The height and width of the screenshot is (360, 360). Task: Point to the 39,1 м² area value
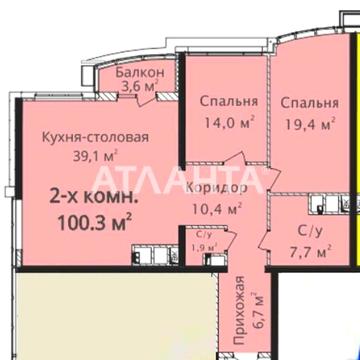point(94,155)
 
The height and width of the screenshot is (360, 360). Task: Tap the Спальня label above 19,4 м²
point(309,103)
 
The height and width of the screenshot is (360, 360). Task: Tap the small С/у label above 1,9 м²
point(197,236)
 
